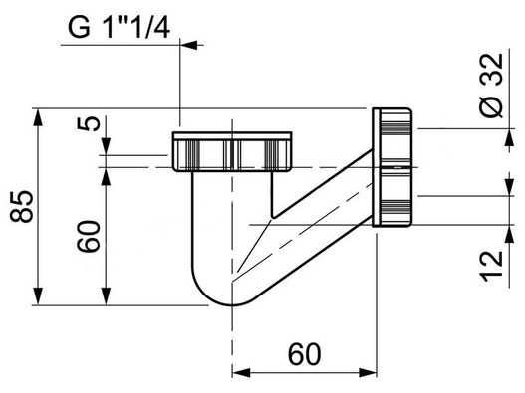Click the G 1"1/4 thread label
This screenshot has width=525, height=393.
pyautogui.click(x=119, y=28)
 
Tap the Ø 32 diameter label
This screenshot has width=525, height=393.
pyautogui.click(x=491, y=86)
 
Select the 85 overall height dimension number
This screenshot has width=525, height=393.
pyautogui.click(x=22, y=206)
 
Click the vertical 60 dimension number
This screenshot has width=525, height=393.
pyautogui.click(x=89, y=236)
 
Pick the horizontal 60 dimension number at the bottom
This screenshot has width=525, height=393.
pyautogui.click(x=305, y=354)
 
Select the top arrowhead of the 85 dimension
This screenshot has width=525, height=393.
pyautogui.click(x=39, y=116)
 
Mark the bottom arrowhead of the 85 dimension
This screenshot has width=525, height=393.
pyautogui.click(x=39, y=296)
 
